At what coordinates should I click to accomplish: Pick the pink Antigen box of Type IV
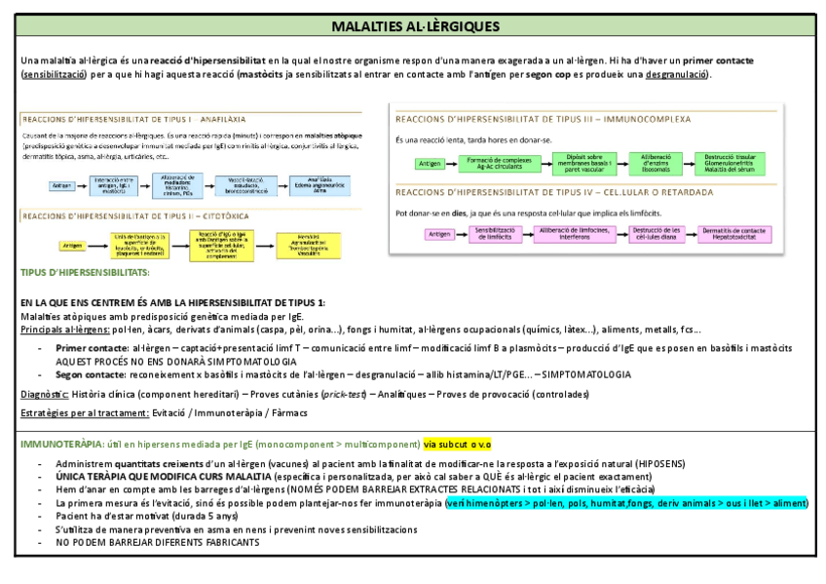click(439, 234)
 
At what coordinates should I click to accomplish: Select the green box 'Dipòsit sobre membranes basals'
click(583, 163)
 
